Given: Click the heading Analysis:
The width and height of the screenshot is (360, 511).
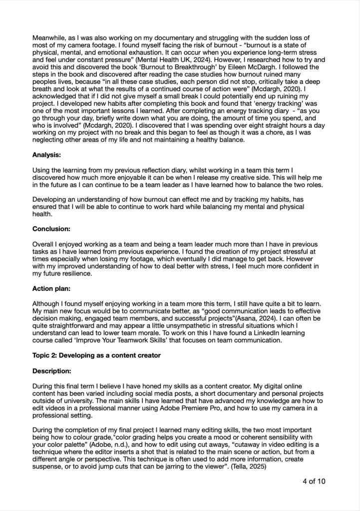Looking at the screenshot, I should tap(47, 155).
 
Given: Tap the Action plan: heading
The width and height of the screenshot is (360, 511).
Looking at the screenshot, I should tap(52, 288).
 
